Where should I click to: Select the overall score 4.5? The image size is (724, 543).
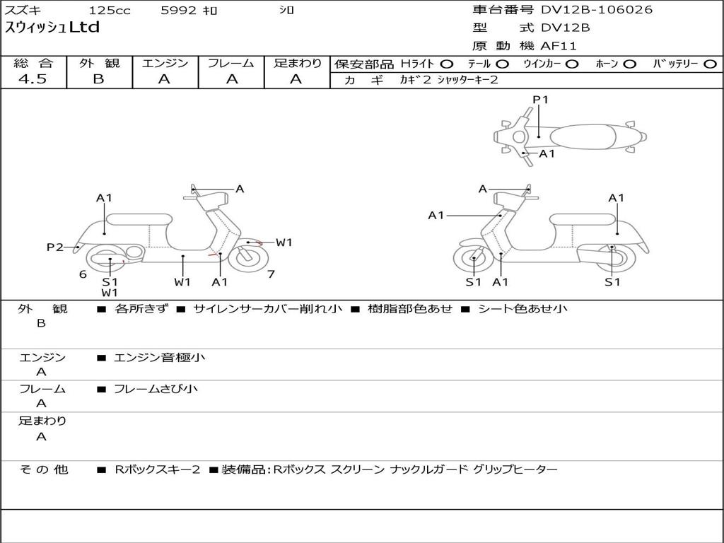(x=33, y=79)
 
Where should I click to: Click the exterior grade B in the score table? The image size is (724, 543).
(x=98, y=79)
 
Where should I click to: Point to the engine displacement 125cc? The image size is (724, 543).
(x=110, y=11)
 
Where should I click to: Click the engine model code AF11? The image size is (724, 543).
(x=559, y=47)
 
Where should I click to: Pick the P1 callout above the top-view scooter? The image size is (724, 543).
(x=540, y=100)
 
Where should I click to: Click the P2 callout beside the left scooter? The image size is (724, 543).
(x=55, y=247)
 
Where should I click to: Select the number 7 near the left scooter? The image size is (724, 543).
(x=271, y=274)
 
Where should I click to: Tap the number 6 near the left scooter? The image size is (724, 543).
(x=83, y=274)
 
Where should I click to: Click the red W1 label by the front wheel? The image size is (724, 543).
(x=284, y=243)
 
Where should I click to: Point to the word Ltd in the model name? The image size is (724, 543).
(x=84, y=28)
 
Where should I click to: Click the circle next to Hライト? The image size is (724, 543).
(x=448, y=64)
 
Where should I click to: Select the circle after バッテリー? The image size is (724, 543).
(x=711, y=64)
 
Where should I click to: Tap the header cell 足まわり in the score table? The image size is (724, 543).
(x=297, y=63)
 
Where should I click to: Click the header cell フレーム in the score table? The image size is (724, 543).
(x=231, y=63)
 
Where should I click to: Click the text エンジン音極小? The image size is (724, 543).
(x=159, y=358)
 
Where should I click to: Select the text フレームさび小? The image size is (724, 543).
(x=156, y=389)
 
